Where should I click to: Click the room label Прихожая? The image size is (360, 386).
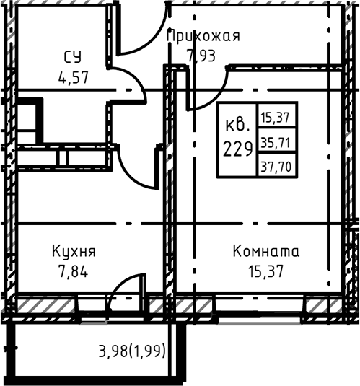click(203, 36)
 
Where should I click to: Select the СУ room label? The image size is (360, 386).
click(72, 57)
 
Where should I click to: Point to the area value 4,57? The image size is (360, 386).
click(72, 76)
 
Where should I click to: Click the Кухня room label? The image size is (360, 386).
click(74, 252)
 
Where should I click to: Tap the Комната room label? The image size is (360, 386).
click(265, 252)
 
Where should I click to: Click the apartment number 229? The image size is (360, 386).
click(237, 149)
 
